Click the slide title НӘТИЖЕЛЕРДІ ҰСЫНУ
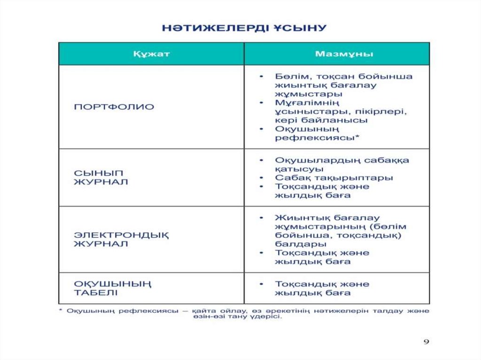click(x=244, y=28)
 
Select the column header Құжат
click(x=151, y=54)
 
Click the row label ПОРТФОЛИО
click(x=114, y=107)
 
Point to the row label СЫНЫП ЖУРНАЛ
click(x=101, y=177)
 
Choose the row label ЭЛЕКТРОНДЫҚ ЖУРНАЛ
click(x=121, y=239)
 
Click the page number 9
click(x=426, y=342)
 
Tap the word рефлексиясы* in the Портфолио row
click(x=317, y=138)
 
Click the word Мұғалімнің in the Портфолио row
click(x=307, y=102)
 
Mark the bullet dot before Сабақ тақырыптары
click(x=261, y=178)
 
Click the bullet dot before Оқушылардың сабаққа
click(x=261, y=161)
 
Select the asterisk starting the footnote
click(x=61, y=311)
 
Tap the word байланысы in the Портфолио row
click(x=332, y=120)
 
